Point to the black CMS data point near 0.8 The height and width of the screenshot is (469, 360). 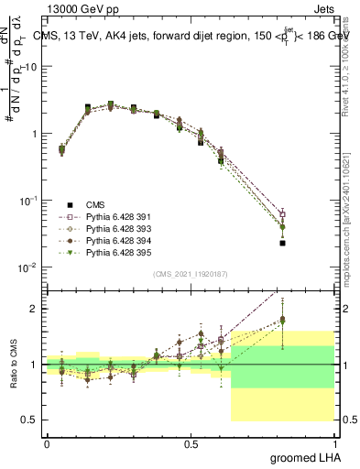tap(283, 243)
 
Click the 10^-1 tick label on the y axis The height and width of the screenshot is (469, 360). tap(29, 201)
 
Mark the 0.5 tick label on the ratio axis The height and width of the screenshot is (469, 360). tap(32, 420)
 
